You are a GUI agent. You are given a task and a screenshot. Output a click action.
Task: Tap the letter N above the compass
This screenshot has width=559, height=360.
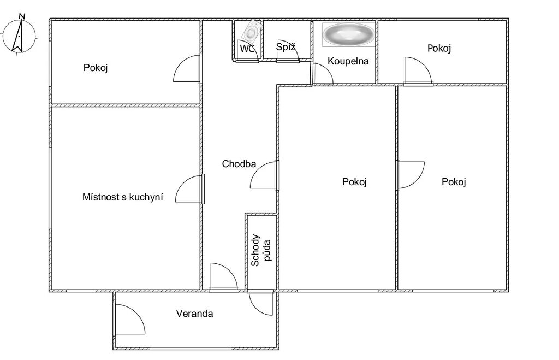click(22, 16)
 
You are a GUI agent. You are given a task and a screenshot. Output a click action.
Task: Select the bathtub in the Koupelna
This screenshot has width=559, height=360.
click(348, 34)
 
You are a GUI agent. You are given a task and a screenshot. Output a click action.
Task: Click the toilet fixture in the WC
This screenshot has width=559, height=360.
click(251, 31)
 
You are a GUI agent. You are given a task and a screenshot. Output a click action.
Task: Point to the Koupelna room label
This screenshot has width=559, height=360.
click(348, 61)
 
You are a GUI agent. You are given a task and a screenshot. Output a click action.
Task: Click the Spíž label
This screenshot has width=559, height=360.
click(286, 47)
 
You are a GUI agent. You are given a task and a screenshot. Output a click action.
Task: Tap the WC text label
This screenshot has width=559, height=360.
click(247, 49)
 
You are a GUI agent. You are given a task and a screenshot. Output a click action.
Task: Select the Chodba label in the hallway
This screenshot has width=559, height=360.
click(239, 164)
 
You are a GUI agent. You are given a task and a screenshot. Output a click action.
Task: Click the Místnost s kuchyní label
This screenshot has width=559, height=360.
click(123, 197)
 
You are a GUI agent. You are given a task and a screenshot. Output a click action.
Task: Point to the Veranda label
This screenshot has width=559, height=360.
click(195, 314)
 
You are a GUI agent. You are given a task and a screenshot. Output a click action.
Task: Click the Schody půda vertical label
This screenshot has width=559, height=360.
click(260, 250)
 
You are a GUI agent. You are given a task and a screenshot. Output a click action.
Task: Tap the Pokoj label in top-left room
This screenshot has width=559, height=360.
click(96, 67)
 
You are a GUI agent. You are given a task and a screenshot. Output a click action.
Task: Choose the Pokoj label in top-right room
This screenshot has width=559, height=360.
click(439, 48)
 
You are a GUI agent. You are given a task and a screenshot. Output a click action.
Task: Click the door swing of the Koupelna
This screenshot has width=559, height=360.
click(322, 73)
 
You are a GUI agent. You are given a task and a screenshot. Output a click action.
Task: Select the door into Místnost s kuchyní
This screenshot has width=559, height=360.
click(189, 189)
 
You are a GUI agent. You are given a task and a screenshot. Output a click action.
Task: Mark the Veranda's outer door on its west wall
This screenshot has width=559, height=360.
click(130, 320)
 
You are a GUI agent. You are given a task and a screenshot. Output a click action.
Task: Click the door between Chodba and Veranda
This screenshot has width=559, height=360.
click(224, 277)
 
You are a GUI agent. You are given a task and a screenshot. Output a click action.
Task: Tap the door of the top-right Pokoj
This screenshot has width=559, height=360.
click(418, 70)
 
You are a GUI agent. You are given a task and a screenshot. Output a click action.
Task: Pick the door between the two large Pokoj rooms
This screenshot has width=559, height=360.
click(411, 175)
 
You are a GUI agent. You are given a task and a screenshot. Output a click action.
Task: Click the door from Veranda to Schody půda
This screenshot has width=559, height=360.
click(261, 303)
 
